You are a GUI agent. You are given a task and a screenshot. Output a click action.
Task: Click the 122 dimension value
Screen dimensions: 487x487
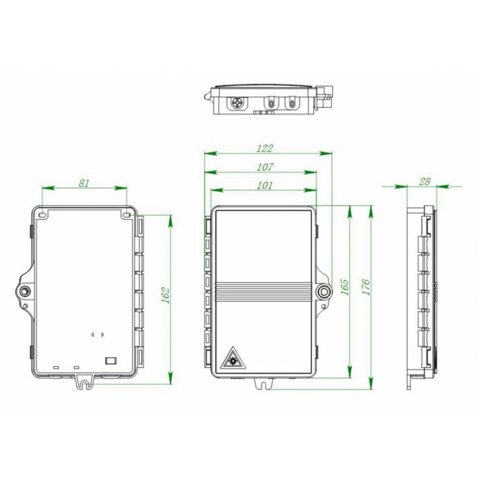tap(264, 148)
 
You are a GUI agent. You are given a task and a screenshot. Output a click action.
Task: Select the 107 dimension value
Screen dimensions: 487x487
tap(265, 167)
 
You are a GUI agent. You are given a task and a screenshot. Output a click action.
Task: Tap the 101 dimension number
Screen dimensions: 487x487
tap(264, 186)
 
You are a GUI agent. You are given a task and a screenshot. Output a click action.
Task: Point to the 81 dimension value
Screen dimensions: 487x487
tap(84, 183)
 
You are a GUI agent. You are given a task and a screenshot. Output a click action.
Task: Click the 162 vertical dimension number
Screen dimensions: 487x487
tap(165, 295)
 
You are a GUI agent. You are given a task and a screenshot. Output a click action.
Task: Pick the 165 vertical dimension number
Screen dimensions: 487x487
tap(344, 287)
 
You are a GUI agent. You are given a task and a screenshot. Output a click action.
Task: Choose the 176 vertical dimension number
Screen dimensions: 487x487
tap(366, 287)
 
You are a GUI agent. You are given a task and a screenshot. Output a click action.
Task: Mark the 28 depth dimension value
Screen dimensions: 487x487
tap(424, 181)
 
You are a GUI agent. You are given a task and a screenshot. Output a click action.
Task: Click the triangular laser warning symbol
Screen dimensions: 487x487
tap(232, 359)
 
